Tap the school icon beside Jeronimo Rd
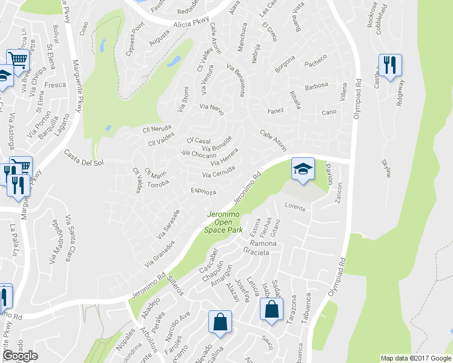pos(303,169)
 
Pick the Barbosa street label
pos(316,85)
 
